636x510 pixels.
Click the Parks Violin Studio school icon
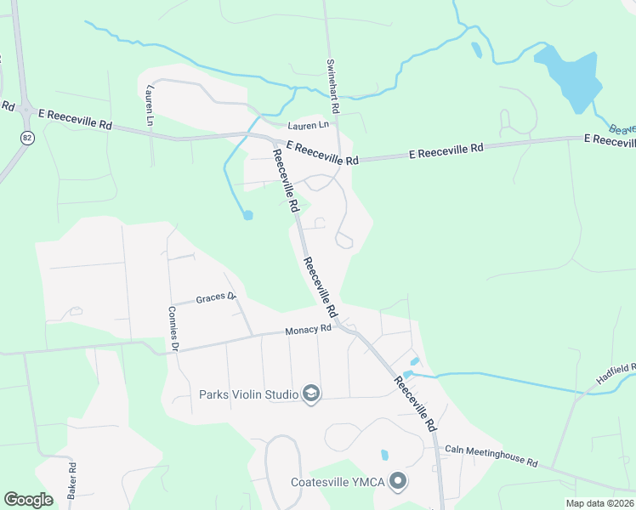click(311, 394)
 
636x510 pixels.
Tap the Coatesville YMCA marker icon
click(397, 483)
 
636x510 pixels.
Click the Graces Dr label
click(214, 298)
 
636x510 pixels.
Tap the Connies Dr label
click(173, 329)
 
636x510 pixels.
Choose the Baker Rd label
click(72, 481)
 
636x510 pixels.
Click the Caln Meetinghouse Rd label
click(491, 456)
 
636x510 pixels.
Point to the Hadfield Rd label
click(616, 373)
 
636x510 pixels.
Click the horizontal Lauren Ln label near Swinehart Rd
click(307, 126)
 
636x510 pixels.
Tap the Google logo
click(28, 500)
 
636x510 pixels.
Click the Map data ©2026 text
click(599, 503)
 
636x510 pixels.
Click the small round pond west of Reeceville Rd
click(247, 215)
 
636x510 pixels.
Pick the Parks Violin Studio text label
click(248, 394)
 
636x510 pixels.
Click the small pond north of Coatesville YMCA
click(384, 455)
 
